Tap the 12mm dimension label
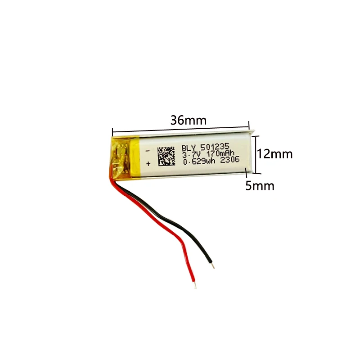click(274, 154)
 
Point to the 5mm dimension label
click(260, 185)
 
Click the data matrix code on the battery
click(166, 155)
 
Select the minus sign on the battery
click(148, 150)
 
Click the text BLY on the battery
click(189, 147)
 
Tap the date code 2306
click(229, 162)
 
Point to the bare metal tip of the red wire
click(194, 283)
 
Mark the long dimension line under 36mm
click(180, 130)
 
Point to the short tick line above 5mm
click(246, 171)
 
